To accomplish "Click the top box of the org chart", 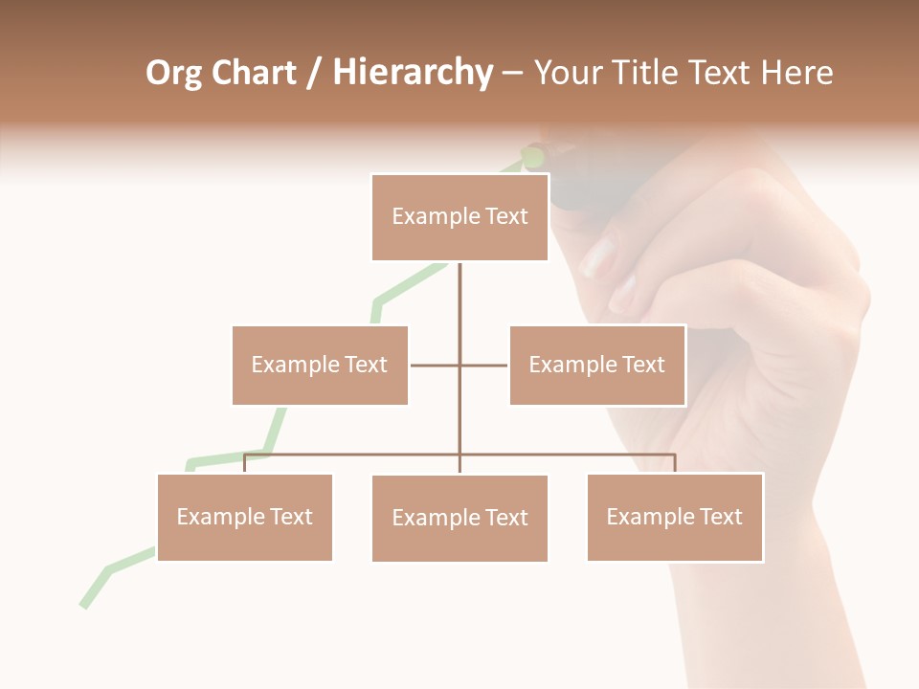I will [x=459, y=217].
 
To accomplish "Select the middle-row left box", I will [x=320, y=365].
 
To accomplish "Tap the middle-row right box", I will [x=597, y=365].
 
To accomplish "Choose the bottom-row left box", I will [x=245, y=517].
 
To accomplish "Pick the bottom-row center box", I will [x=459, y=518].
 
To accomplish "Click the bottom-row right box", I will [x=675, y=517].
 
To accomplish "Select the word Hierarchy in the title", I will [x=413, y=73].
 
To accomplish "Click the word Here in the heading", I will [x=796, y=73].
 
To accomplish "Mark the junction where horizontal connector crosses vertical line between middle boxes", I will [x=459, y=365].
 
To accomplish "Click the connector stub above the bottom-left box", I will [x=245, y=464].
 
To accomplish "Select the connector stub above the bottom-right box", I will [x=675, y=464].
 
